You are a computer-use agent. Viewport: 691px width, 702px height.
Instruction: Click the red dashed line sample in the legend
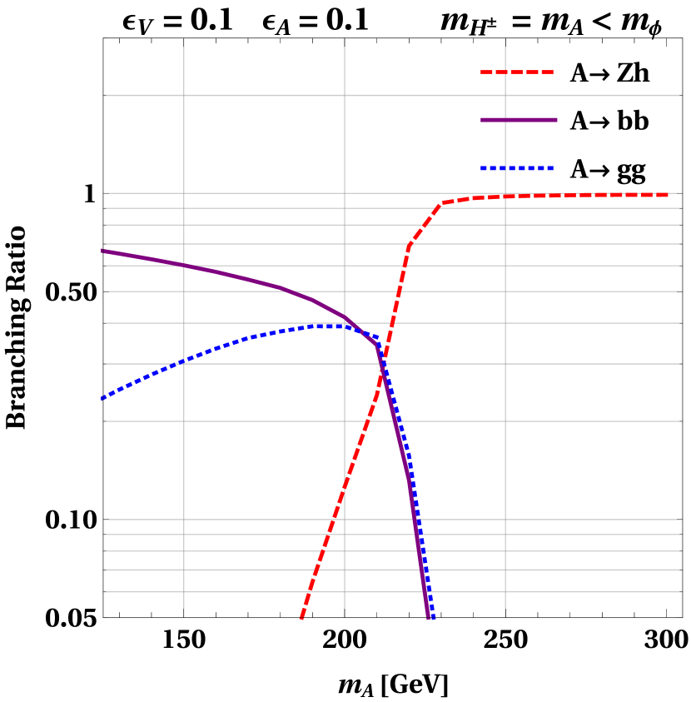[x=517, y=72]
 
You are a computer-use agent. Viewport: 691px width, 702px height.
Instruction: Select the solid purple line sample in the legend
[x=519, y=120]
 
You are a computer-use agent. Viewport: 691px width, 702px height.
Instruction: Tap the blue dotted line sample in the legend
[x=517, y=168]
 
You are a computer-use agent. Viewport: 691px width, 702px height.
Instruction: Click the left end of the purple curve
[x=102, y=251]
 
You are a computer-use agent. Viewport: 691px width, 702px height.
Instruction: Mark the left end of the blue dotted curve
[x=102, y=399]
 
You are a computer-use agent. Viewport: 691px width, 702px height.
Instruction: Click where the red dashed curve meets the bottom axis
[x=301, y=618]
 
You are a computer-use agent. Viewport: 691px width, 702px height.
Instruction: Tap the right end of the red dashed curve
[x=669, y=195]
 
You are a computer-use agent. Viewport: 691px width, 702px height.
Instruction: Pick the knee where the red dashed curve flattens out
[x=443, y=202]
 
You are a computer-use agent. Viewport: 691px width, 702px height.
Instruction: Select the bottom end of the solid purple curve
[x=428, y=618]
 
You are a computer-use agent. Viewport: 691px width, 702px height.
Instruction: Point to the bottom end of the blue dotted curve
[x=432, y=618]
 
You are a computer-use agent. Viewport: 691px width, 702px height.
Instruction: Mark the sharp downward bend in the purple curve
[x=376, y=344]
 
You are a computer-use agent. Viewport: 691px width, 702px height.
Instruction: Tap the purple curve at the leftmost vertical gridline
[x=184, y=265]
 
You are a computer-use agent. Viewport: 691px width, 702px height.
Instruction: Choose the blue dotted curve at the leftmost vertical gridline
[x=184, y=360]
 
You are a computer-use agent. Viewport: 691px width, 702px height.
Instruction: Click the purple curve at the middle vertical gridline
[x=345, y=317]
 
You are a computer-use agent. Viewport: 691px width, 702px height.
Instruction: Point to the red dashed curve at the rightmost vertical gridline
[x=505, y=197]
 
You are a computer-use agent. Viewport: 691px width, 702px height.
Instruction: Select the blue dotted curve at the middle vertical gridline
[x=345, y=327]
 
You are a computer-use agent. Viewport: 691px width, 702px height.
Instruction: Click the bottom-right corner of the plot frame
[x=682, y=618]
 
